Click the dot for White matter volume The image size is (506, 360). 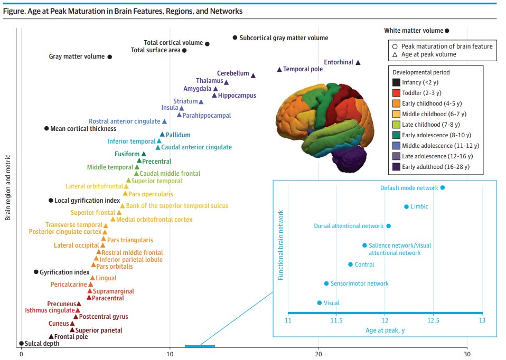click(447, 31)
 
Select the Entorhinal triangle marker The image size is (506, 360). click(358, 62)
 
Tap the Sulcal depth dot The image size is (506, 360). click(21, 343)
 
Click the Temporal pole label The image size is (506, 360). click(303, 69)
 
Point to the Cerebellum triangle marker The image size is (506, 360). click(253, 75)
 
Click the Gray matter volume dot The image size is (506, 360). click(110, 56)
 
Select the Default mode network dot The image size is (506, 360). click(443, 187)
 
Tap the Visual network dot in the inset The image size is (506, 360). click(319, 303)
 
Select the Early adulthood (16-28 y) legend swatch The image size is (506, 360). click(396, 167)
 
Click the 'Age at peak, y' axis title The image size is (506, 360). click(385, 330)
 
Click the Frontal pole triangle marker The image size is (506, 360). click(51, 336)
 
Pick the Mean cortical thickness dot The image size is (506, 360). click(46, 128)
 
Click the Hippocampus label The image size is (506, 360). click(237, 96)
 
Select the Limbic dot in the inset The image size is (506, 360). click(406, 207)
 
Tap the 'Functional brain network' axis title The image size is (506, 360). click(280, 244)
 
